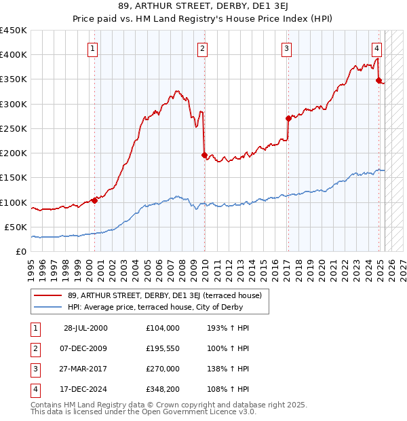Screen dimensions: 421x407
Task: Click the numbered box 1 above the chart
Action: pos(92,48)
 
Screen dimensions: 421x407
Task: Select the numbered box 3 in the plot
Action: pos(287,48)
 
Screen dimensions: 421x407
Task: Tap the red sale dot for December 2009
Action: pos(204,155)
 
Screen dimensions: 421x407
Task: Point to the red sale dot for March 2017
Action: pos(288,118)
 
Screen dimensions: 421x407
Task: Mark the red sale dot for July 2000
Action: pos(94,200)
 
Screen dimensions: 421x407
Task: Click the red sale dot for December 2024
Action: pos(379,79)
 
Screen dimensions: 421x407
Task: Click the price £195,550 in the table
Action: pos(163,348)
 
